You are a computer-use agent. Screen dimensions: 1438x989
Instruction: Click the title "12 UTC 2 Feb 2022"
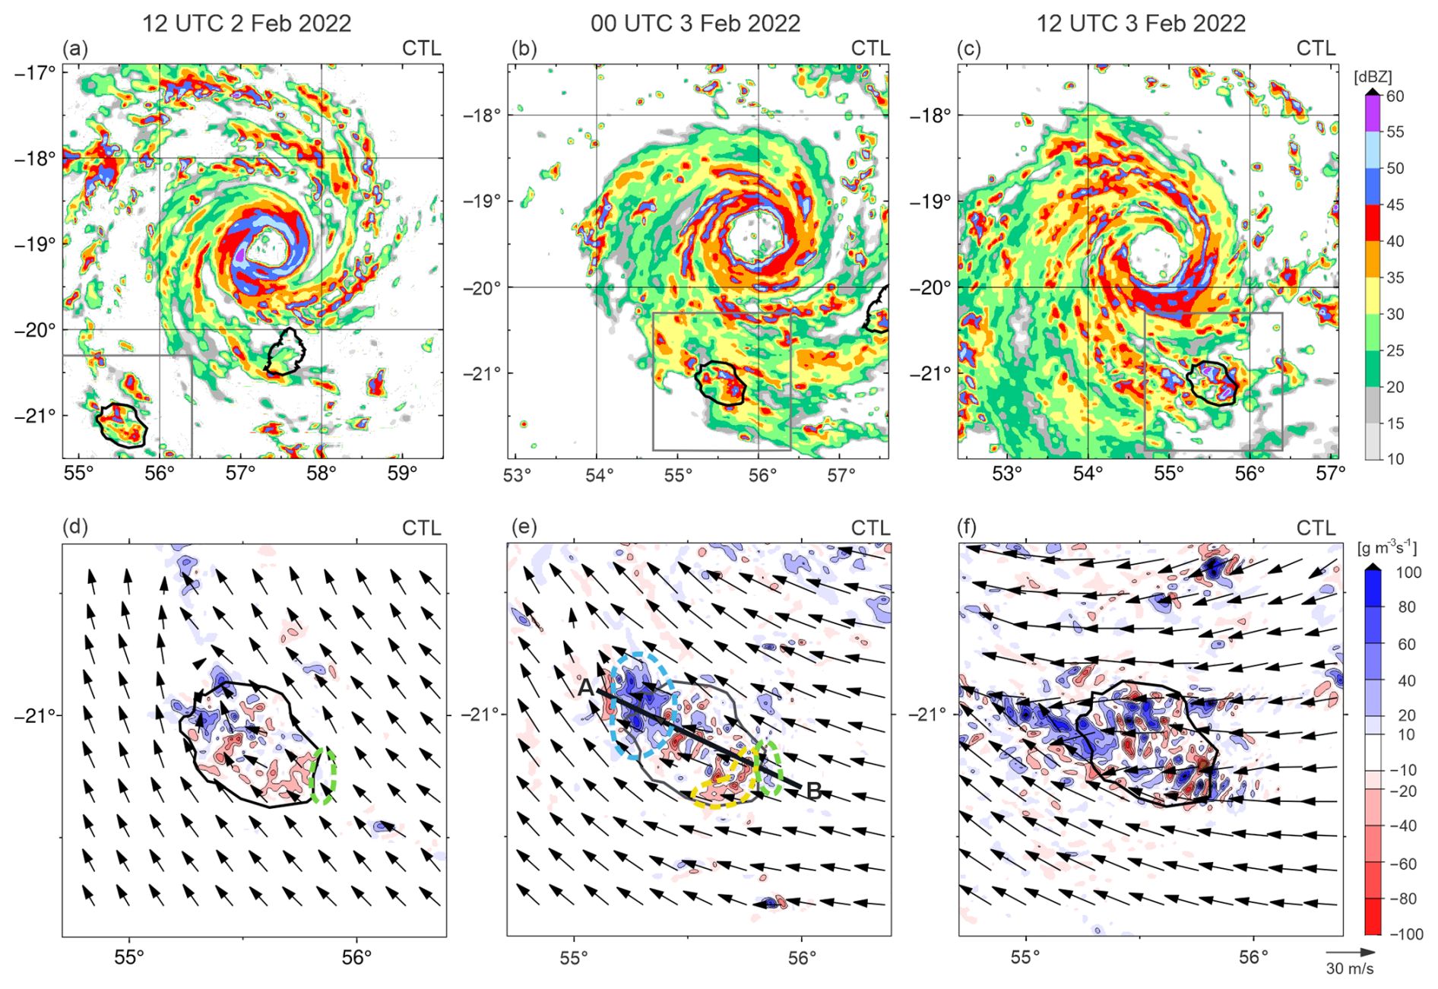[x=247, y=23]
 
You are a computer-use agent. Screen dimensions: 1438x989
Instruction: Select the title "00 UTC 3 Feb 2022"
[x=695, y=23]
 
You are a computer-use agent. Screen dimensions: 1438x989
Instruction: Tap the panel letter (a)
[x=75, y=49]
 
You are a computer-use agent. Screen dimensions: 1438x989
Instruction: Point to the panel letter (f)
[x=969, y=527]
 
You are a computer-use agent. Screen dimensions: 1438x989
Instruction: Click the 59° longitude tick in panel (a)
[x=402, y=473]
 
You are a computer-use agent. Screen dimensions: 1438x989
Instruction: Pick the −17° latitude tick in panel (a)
[x=35, y=73]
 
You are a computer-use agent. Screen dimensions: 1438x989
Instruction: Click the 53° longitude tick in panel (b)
[x=517, y=475]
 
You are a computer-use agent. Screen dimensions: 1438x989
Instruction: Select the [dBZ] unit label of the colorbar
[x=1373, y=77]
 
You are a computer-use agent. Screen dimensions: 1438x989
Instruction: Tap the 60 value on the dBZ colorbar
[x=1395, y=96]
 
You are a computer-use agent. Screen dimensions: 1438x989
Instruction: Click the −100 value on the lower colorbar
[x=1405, y=934]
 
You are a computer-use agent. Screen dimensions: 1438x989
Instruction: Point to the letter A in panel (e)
[x=584, y=687]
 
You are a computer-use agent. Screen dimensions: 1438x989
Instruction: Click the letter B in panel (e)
[x=813, y=791]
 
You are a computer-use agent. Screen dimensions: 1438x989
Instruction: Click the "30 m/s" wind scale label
[x=1350, y=968]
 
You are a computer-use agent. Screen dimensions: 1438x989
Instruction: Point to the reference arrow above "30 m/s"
[x=1351, y=952]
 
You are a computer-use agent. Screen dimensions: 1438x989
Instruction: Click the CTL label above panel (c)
[x=1316, y=49]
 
